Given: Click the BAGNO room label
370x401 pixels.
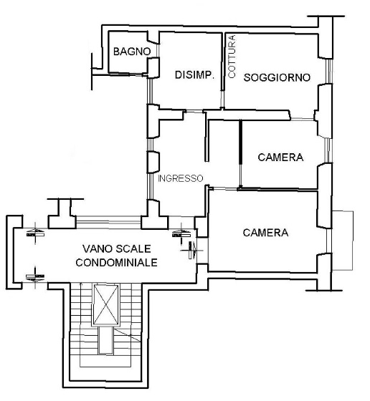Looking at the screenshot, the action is coord(132,52).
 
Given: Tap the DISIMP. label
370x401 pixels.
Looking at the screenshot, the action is coord(194,75).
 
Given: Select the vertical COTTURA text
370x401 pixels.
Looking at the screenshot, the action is coord(232,57).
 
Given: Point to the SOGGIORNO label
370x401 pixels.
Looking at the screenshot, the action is coord(277,77).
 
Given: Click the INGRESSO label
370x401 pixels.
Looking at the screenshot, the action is coord(180,178).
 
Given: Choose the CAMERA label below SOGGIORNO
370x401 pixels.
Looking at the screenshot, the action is coord(280,158).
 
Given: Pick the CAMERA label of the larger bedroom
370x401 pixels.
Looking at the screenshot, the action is coord(265,233).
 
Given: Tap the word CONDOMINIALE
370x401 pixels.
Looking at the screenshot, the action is coord(116,263).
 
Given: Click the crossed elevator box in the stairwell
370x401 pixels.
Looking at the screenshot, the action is coord(105,305).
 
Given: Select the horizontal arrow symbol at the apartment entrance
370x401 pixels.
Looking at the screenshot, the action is coord(192,250).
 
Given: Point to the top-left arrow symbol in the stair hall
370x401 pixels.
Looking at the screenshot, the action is coord(35,233).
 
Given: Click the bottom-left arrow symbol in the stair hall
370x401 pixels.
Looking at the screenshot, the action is coord(35,277).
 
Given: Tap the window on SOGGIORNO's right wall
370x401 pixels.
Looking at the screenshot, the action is coord(329,71).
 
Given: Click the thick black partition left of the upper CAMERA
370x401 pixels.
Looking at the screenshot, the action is coord(240,153).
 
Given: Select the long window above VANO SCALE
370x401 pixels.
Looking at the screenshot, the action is coord(108,221).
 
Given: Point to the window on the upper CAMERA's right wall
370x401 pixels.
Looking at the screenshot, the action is coord(328,150).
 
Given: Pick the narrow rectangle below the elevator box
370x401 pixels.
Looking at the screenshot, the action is coord(105,340).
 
